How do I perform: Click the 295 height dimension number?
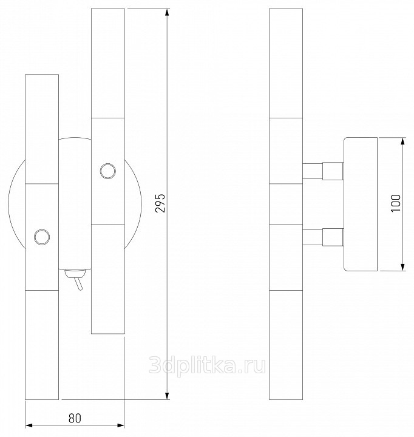tap(160, 203)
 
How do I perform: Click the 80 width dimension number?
tap(75, 418)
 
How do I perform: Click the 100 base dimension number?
tap(396, 203)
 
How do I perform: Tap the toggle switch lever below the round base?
tap(78, 282)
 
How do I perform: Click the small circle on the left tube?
tap(42, 237)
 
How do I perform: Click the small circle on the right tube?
tap(108, 171)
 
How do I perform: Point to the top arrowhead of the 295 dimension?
tap(167, 13)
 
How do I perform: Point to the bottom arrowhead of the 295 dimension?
tap(167, 396)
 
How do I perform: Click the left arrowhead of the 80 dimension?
tap(29, 425)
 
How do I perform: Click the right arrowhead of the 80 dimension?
tap(120, 425)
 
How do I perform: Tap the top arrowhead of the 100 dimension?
tap(402, 141)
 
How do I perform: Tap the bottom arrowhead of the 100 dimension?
tap(402, 266)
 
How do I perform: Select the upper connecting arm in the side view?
tap(323, 171)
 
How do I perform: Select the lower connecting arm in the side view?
tap(323, 237)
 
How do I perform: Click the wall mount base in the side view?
tap(361, 204)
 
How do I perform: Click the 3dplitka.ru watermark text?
tap(207, 365)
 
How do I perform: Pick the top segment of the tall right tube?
tap(108, 63)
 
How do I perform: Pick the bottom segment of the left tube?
tap(42, 345)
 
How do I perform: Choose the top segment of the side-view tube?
tap(286, 63)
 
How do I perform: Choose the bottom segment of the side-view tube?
tap(286, 345)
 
